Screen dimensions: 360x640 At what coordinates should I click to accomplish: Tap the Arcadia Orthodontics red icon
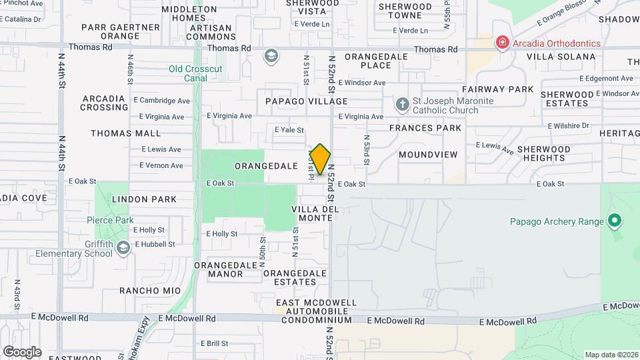(x=501, y=43)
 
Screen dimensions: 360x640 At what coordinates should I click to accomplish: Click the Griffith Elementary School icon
(x=123, y=249)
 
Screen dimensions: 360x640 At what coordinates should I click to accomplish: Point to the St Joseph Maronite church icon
(x=402, y=104)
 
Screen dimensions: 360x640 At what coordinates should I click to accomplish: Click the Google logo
(x=22, y=351)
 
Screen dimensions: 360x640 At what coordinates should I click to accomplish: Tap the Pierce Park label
(x=110, y=220)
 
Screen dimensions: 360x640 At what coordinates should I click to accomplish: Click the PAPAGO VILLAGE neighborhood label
(x=306, y=101)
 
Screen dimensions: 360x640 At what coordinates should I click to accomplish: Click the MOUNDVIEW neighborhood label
(x=428, y=155)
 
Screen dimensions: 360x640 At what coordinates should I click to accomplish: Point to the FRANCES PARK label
(x=425, y=127)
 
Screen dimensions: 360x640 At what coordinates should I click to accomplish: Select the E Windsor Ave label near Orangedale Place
(x=361, y=83)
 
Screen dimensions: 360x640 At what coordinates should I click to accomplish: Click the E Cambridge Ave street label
(x=162, y=101)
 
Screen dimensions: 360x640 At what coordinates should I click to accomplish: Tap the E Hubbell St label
(x=155, y=244)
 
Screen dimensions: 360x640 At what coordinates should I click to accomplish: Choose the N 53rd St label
(x=367, y=151)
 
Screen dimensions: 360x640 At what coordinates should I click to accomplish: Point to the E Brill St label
(x=217, y=343)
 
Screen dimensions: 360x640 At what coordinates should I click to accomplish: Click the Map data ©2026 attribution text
(x=611, y=354)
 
